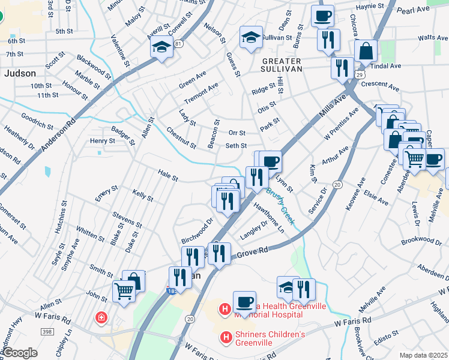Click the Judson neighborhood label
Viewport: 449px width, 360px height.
(x=20, y=73)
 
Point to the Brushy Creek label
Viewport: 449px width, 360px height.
(x=280, y=208)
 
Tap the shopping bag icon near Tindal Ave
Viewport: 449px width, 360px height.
(x=366, y=52)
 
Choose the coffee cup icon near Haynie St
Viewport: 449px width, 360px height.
(x=322, y=15)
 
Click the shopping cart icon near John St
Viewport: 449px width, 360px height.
(x=124, y=292)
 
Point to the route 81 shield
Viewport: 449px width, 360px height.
(x=178, y=44)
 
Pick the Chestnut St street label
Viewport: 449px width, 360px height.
(x=181, y=137)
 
